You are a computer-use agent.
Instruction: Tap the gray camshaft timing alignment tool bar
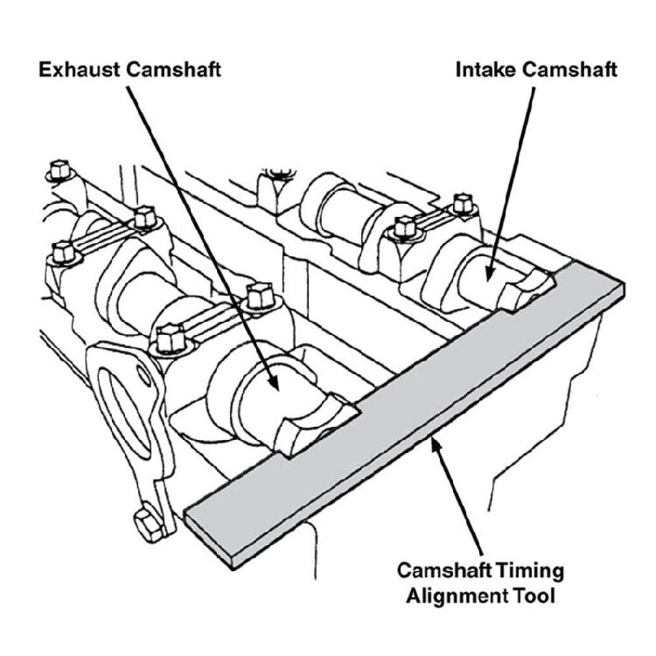tap(402, 411)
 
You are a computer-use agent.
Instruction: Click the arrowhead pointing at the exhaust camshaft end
tap(275, 381)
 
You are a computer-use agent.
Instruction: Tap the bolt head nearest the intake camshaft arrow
tap(404, 229)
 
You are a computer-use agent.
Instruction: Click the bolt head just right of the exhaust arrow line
tap(256, 296)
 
